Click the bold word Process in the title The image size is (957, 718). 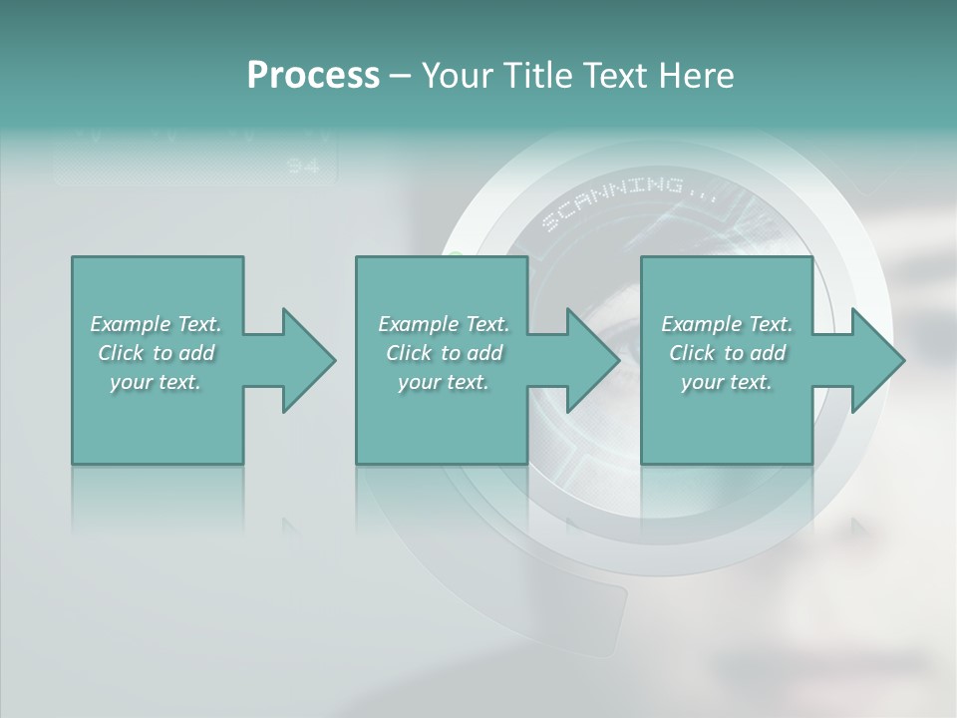313,76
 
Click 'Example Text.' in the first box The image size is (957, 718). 156,324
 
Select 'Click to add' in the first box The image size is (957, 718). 157,353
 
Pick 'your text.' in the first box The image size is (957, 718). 156,382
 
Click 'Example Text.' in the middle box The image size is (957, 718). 444,324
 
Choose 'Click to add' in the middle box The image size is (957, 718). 445,353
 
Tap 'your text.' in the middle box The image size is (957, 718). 444,382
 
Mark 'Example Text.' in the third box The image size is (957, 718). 727,324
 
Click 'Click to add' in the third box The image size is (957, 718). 728,353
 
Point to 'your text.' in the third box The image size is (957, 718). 727,382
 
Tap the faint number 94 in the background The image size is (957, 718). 303,166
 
